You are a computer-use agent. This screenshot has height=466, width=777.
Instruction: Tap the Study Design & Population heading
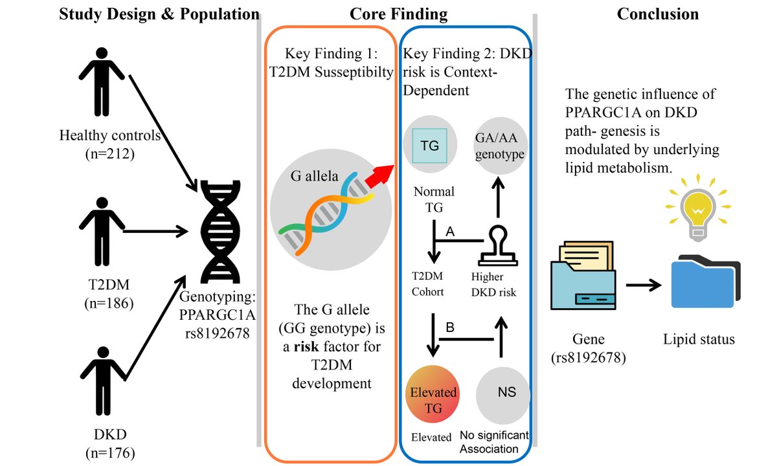(159, 14)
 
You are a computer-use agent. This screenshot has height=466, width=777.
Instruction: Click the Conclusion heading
(657, 14)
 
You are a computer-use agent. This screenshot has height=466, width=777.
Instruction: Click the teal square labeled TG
(430, 146)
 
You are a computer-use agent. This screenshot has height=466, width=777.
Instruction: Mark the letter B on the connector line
(451, 328)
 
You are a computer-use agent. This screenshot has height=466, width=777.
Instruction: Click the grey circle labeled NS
(502, 392)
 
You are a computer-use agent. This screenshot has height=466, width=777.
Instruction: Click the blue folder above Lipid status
(705, 283)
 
